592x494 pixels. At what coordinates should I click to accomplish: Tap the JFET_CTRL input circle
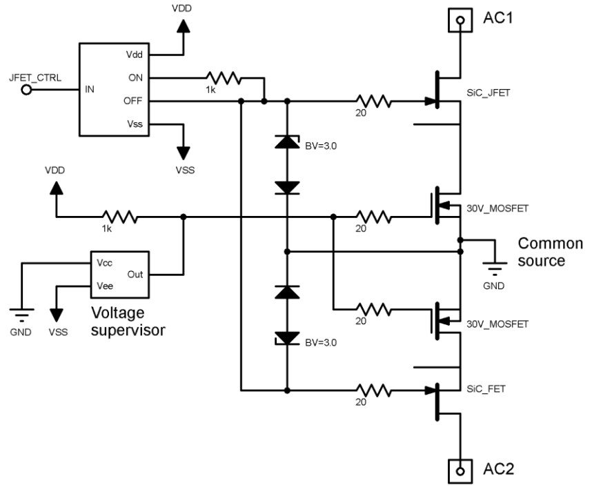coord(26,88)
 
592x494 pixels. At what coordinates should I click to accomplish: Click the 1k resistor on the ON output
coord(222,78)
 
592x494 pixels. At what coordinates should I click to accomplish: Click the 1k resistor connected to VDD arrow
coord(120,217)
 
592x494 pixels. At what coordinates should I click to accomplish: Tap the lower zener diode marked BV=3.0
coord(286,338)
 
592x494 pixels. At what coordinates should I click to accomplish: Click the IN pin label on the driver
coord(90,89)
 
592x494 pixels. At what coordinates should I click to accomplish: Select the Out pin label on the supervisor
coord(135,274)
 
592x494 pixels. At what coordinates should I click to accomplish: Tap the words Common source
coord(550,253)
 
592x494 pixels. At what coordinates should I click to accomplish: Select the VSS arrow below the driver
coord(184,151)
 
